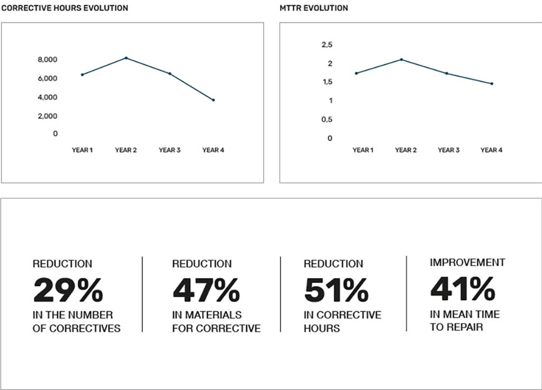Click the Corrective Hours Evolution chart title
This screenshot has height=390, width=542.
[x=65, y=8]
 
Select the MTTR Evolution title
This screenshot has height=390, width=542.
[x=314, y=8]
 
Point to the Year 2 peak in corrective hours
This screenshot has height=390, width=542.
[x=126, y=58]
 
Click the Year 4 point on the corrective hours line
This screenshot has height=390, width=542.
[x=213, y=100]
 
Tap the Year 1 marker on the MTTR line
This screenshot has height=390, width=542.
[x=356, y=73]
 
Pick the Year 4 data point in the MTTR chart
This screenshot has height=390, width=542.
[x=492, y=84]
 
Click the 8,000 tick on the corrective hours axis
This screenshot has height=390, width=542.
[x=47, y=60]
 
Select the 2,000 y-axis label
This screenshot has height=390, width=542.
[x=47, y=116]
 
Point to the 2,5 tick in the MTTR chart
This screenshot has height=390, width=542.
[x=327, y=44]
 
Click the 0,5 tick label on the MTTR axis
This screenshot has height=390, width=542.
[x=327, y=120]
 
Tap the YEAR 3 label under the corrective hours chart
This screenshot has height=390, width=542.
[x=169, y=150]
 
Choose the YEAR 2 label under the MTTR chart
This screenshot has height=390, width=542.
[x=406, y=150]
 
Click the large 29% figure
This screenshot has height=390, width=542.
[x=68, y=290]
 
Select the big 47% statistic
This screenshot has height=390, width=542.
[x=206, y=290]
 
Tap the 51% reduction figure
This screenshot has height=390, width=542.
[x=336, y=290]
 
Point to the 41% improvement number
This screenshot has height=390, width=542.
[x=463, y=289]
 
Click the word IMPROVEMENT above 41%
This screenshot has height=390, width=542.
[x=467, y=262]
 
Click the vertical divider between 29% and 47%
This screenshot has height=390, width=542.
[x=142, y=294]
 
